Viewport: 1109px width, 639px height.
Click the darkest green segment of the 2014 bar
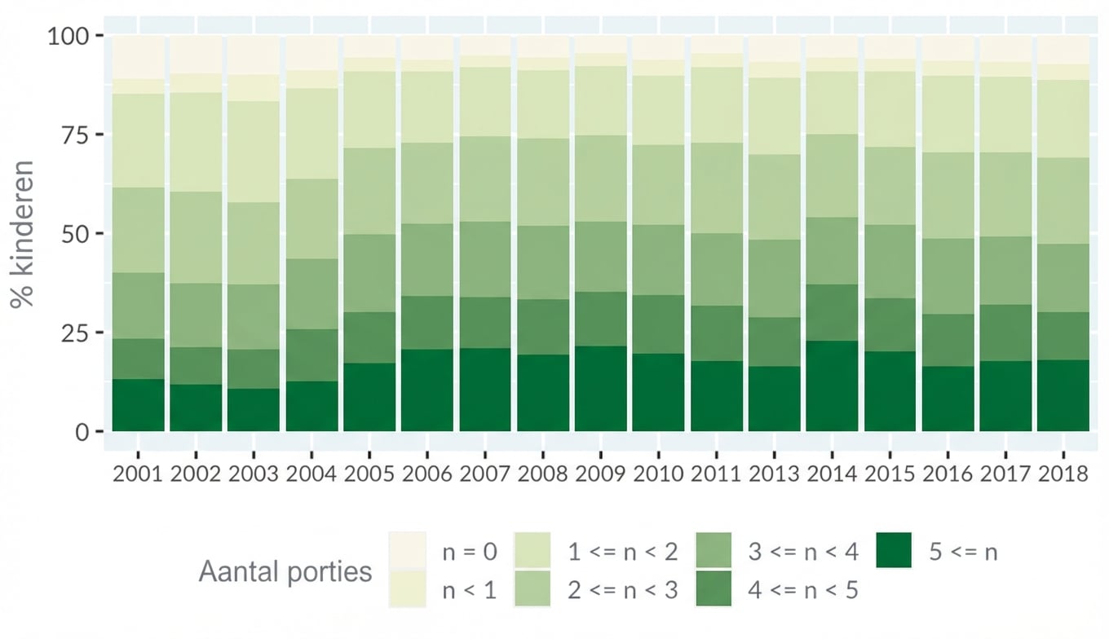833,386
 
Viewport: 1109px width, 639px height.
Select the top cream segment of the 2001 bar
138,56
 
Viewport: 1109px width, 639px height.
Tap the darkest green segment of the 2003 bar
254,410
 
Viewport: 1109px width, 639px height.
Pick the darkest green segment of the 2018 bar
1063,395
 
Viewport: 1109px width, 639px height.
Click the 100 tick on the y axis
73,36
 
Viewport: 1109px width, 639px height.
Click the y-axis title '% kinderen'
24,234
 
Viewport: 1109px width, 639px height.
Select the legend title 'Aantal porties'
285,571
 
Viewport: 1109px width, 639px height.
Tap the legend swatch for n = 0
408,551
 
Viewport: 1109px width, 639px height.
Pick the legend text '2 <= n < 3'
622,590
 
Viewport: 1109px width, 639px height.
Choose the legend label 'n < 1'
470,590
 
